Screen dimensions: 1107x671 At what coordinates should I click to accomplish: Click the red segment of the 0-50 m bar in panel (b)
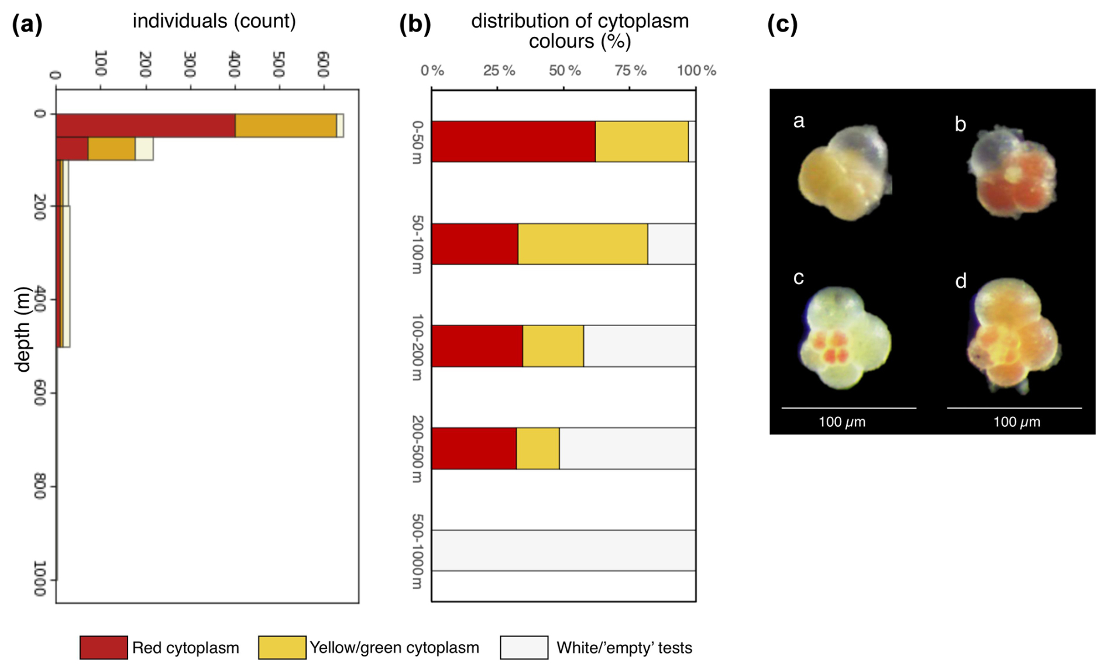click(x=514, y=141)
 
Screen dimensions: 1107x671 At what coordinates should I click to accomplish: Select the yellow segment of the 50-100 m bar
click(x=583, y=244)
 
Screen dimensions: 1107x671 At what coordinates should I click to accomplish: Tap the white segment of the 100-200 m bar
click(x=640, y=346)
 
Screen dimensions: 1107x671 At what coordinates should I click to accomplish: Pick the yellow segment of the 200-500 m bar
click(x=538, y=448)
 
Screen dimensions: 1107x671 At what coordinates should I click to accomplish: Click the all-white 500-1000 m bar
click(x=563, y=551)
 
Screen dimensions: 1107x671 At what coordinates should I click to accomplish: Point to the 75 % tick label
click(x=630, y=71)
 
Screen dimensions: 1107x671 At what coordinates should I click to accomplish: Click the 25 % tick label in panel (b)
click(x=499, y=71)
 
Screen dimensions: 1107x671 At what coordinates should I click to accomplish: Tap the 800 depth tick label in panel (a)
click(x=39, y=486)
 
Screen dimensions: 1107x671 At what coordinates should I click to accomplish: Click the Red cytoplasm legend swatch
click(x=104, y=648)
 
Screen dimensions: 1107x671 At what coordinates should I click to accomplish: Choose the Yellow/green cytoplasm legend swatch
click(x=282, y=648)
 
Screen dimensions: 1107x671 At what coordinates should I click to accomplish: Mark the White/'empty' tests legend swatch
click(x=524, y=648)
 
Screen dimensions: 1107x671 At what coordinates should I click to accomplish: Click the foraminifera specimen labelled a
click(x=844, y=172)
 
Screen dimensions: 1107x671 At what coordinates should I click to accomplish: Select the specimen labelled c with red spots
click(x=845, y=338)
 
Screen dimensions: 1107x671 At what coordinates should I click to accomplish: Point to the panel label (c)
click(x=782, y=25)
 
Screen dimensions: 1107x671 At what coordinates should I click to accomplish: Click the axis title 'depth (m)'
click(x=22, y=329)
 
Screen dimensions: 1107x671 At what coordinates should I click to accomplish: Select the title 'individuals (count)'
click(x=214, y=21)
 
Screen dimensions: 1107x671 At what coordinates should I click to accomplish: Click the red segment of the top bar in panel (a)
click(x=146, y=126)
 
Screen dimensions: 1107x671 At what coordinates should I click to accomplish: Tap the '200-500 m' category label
click(x=417, y=449)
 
